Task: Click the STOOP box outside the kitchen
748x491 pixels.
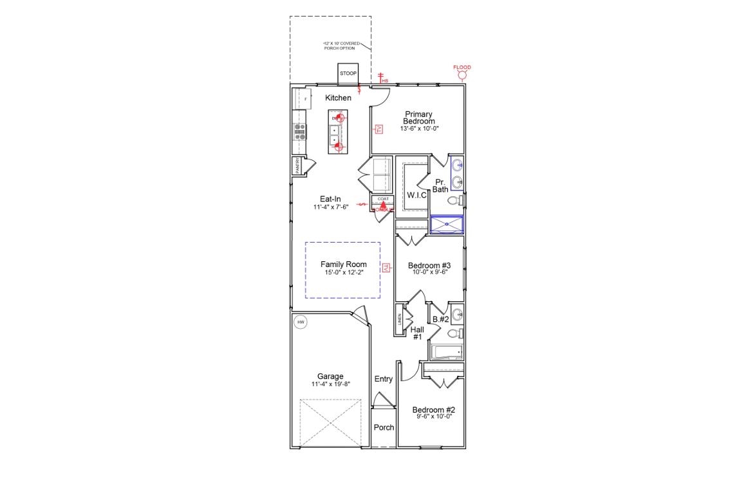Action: (x=348, y=73)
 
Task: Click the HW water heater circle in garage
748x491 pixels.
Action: (x=300, y=322)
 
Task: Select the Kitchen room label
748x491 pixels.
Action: (x=338, y=98)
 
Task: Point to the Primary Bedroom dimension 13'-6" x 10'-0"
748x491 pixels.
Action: (x=418, y=129)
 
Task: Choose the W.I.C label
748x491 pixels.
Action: (x=416, y=195)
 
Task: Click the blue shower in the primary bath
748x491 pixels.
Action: (x=446, y=224)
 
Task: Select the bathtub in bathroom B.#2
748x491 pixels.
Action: (x=446, y=352)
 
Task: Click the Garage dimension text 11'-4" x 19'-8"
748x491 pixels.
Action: (x=330, y=384)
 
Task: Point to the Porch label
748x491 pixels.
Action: (x=384, y=427)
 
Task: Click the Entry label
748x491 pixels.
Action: (x=383, y=379)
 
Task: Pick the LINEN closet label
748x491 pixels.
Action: (x=400, y=319)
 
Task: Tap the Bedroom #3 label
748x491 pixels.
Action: (x=429, y=265)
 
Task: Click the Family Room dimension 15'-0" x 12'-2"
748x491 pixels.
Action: (x=343, y=272)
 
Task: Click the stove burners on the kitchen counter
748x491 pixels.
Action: (x=299, y=131)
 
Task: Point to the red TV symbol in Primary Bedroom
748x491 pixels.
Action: (x=379, y=129)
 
